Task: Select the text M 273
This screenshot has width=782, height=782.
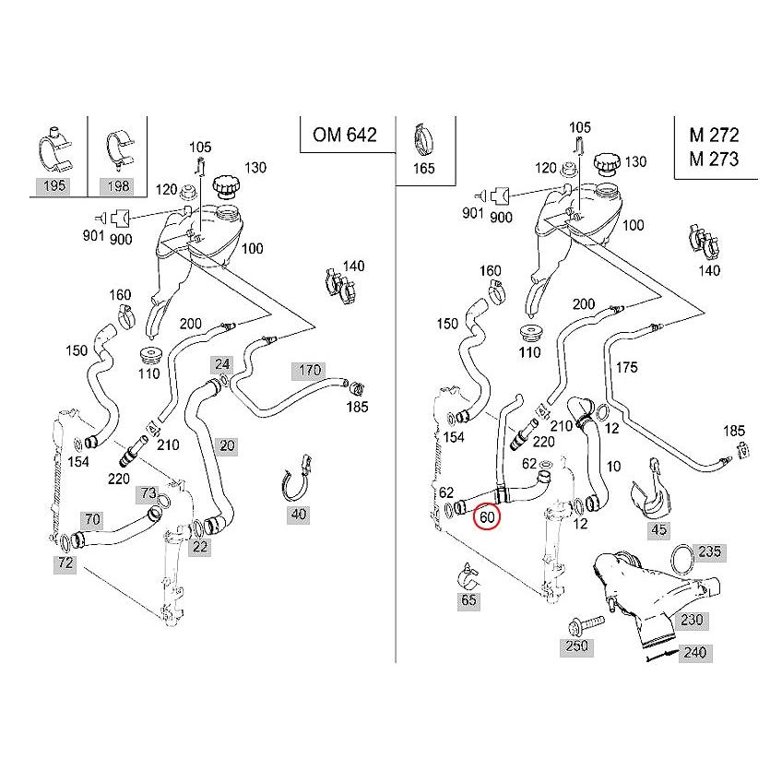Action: (713, 158)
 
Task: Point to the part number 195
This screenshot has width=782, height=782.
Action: (53, 186)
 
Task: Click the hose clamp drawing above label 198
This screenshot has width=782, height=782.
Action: (119, 148)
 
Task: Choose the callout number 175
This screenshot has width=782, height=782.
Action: (626, 367)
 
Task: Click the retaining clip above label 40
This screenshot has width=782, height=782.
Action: (295, 475)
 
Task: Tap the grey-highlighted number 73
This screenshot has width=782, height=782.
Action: (148, 493)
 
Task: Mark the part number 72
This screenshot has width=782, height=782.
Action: (63, 561)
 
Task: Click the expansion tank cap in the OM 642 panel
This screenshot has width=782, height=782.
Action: (226, 185)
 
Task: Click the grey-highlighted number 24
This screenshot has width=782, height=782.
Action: (221, 363)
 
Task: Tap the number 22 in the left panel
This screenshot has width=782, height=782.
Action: (200, 546)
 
